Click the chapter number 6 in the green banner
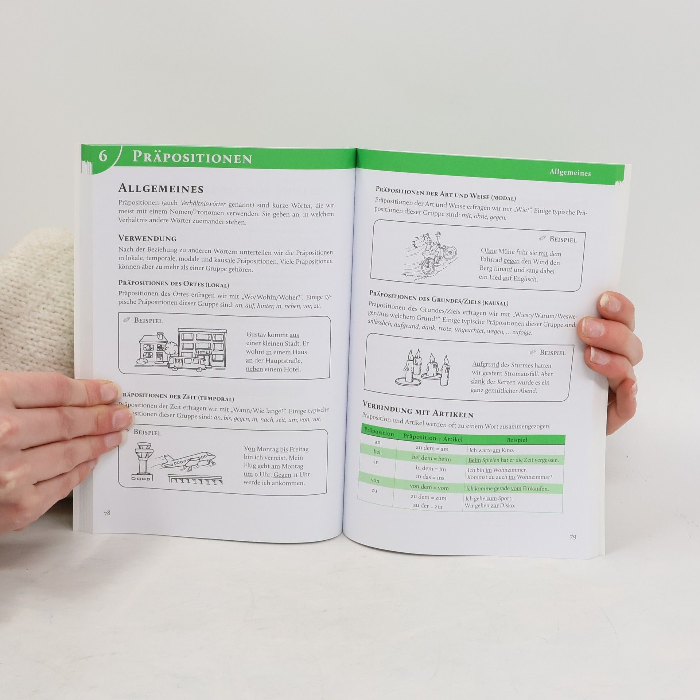click(x=103, y=156)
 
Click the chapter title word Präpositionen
click(x=192, y=157)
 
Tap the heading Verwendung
click(x=147, y=238)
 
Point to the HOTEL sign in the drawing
click(x=203, y=352)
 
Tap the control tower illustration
click(x=143, y=461)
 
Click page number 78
click(x=107, y=513)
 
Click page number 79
click(x=573, y=537)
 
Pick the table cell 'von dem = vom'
click(x=429, y=487)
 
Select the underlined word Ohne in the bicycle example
click(x=489, y=251)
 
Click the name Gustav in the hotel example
click(x=257, y=334)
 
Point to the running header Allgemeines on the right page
click(x=570, y=172)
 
